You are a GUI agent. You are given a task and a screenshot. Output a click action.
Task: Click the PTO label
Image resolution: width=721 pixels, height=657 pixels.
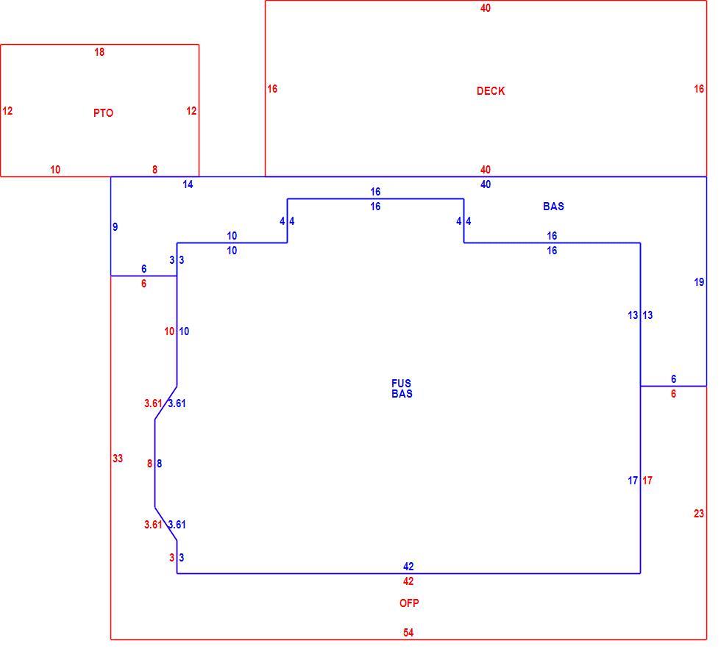[x=103, y=113]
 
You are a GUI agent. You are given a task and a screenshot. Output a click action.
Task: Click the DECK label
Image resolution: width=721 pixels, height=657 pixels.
[x=491, y=91]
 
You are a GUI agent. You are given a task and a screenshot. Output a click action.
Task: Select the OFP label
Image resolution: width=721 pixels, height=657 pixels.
[x=409, y=603]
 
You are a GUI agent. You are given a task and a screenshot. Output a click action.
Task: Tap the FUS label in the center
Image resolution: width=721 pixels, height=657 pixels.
[x=402, y=383]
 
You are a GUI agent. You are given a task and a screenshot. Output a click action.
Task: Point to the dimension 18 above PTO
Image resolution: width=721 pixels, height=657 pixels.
[x=99, y=52]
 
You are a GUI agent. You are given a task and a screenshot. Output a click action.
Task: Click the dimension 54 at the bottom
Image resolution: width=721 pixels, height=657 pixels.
[x=408, y=633]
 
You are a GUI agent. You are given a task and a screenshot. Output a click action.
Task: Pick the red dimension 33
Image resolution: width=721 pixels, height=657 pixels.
[x=118, y=458]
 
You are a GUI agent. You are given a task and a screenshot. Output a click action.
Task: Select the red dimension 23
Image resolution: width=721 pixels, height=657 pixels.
[x=699, y=514]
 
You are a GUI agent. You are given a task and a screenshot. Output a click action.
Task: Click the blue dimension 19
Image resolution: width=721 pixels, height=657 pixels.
[x=699, y=282]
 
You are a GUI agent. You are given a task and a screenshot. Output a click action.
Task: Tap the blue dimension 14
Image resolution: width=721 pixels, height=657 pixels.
[x=188, y=184]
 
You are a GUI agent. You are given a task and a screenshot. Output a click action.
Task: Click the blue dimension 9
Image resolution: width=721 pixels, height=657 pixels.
[x=115, y=227]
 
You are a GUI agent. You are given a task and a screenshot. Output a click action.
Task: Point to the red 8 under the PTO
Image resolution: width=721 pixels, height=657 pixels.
[x=155, y=170]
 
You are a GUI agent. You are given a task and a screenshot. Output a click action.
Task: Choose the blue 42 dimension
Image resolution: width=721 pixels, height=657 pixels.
[x=408, y=567]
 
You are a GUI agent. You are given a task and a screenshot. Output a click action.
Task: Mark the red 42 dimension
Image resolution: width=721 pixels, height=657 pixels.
[x=408, y=581]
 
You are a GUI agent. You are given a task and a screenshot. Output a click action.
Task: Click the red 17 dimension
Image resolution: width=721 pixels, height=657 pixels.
[x=647, y=481]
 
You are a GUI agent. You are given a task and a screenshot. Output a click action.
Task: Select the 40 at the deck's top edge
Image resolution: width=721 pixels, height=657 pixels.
[x=486, y=8]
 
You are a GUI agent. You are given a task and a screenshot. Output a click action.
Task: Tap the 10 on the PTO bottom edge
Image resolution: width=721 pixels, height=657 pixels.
[x=55, y=170]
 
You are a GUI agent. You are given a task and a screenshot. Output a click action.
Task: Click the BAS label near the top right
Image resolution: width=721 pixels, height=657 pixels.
[x=553, y=207]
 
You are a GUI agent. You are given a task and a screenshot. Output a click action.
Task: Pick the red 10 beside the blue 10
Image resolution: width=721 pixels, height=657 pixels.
[x=169, y=331]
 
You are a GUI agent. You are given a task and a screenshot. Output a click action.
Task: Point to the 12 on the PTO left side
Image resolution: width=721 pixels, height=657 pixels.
[x=7, y=111]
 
